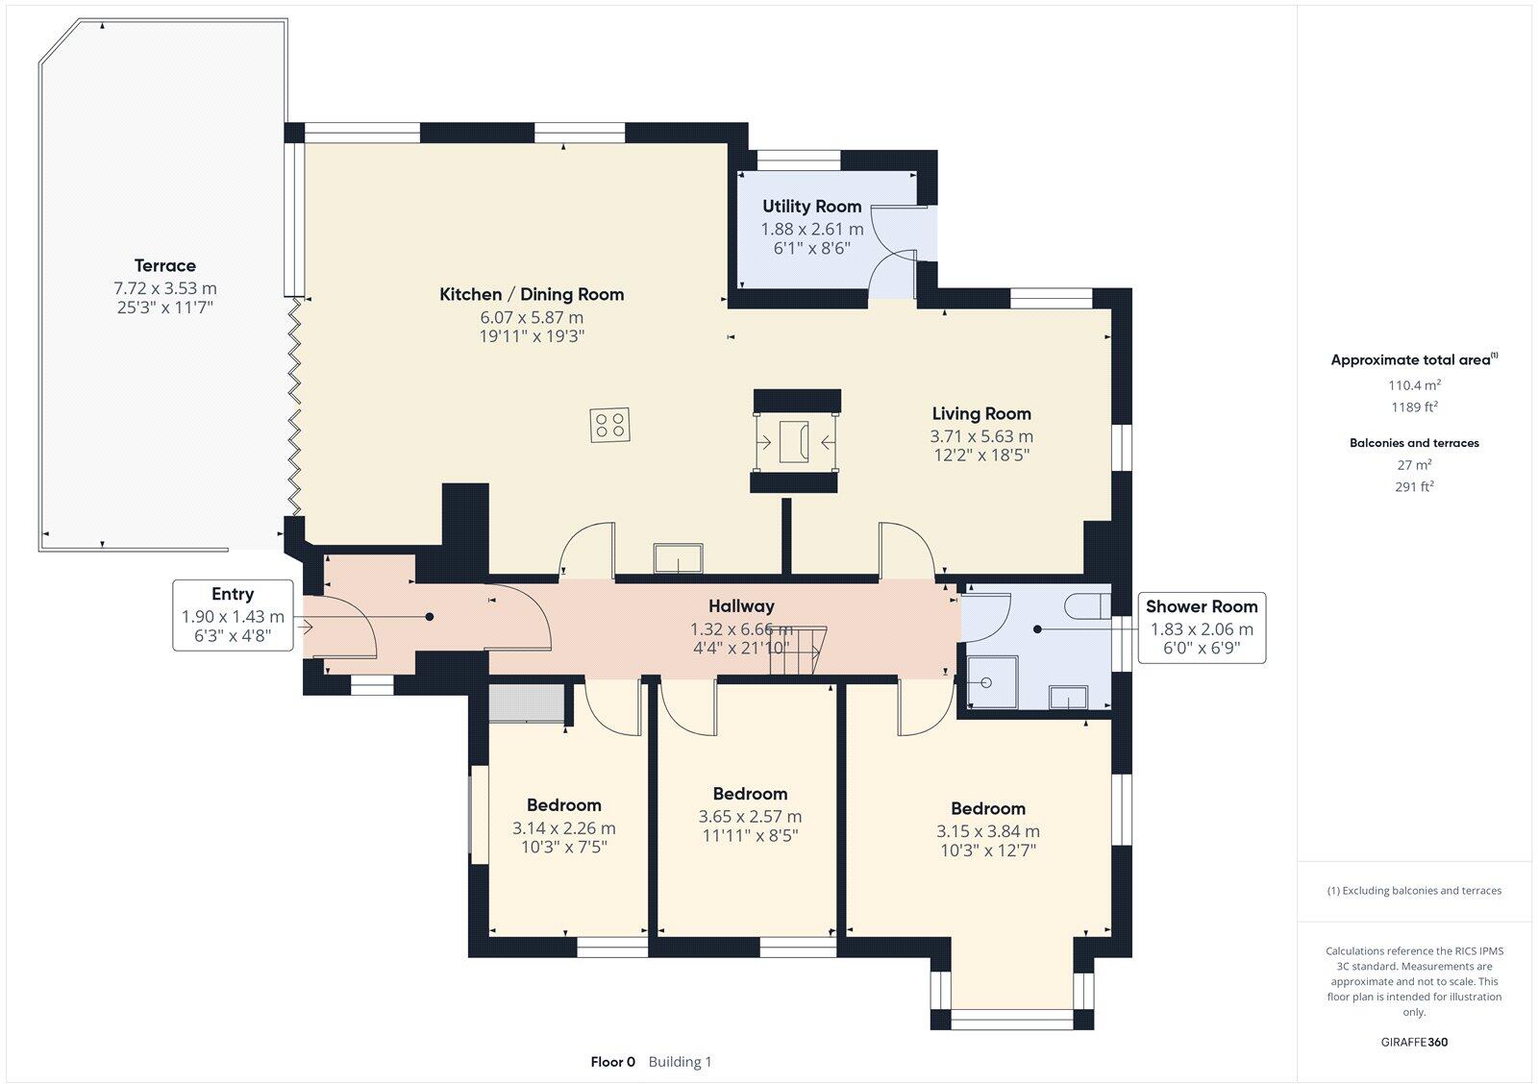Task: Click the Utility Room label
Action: click(x=811, y=206)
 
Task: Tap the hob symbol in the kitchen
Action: click(x=610, y=425)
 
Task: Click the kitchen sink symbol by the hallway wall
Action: click(x=678, y=558)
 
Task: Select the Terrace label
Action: click(x=164, y=265)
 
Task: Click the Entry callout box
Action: click(x=233, y=615)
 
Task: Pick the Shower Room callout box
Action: click(x=1202, y=628)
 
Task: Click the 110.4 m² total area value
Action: click(x=1413, y=385)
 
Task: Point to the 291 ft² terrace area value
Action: click(x=1413, y=487)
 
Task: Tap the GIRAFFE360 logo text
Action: click(x=1413, y=1042)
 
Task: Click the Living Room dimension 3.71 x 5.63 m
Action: click(x=980, y=435)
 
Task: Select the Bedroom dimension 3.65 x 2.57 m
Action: click(x=750, y=816)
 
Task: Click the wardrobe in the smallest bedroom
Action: click(x=526, y=703)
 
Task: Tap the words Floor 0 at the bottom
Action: click(x=612, y=1062)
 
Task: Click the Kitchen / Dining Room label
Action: click(x=531, y=294)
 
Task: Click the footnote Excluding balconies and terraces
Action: click(x=1414, y=891)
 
